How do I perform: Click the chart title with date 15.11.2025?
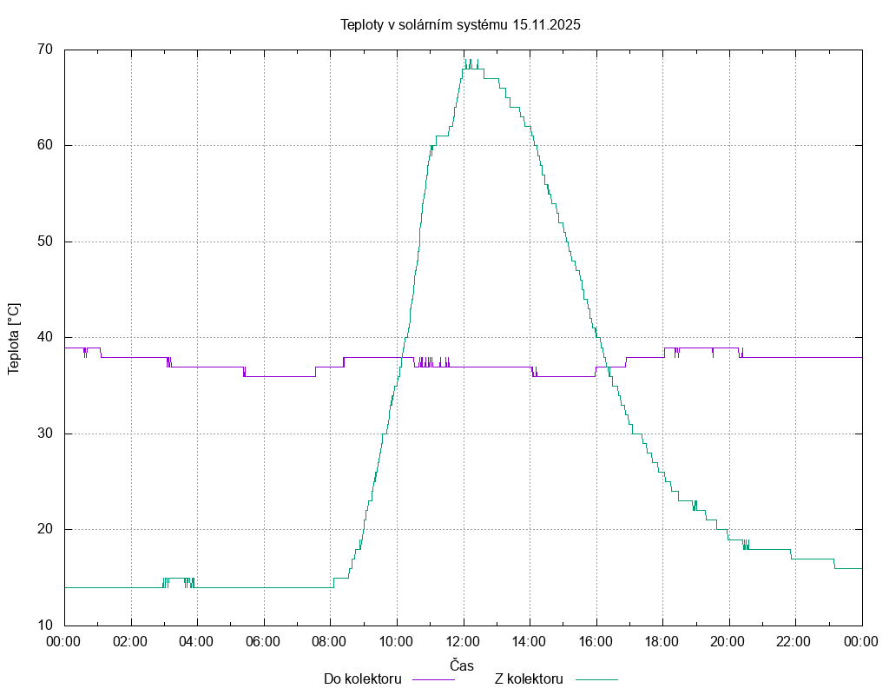460,24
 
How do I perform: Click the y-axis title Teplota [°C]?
14,339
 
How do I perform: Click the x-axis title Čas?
462,665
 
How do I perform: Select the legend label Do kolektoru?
362,678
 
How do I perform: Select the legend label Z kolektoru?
530,678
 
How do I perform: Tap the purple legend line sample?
433,679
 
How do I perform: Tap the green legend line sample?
596,679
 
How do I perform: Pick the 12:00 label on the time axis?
464,642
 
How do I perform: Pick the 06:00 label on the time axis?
264,642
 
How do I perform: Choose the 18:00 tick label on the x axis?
662,642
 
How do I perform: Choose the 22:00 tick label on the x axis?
795,642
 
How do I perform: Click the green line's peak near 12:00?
466,61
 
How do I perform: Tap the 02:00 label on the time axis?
131,642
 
